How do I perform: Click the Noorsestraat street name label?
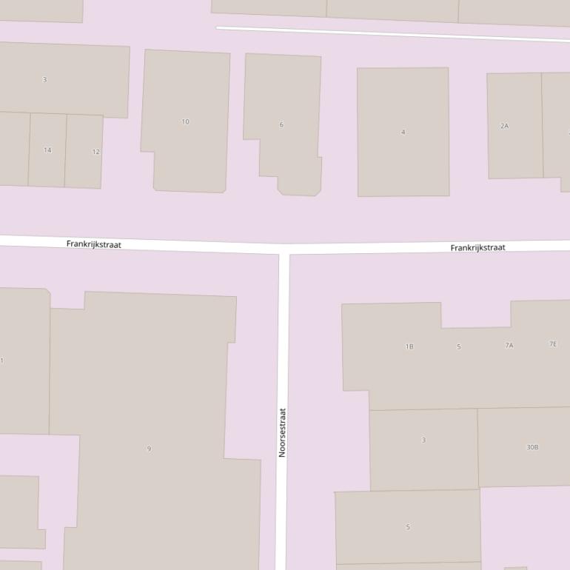[x=282, y=432]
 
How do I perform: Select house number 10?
[x=185, y=121]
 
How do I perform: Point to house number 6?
[x=281, y=124]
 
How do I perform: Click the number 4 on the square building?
[x=403, y=132]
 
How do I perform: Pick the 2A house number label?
[x=505, y=126]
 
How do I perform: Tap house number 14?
[x=47, y=150]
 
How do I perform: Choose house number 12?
[x=95, y=152]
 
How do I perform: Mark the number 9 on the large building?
[x=149, y=449]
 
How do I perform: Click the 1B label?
[x=409, y=346]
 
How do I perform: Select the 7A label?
[x=509, y=346]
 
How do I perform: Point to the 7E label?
[x=553, y=344]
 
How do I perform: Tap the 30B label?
[x=532, y=447]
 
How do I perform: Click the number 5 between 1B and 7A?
[x=459, y=346]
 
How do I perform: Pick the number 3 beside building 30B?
[x=423, y=440]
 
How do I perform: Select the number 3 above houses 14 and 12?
[x=44, y=79]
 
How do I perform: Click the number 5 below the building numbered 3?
[x=408, y=527]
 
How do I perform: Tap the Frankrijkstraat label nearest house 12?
[x=94, y=244]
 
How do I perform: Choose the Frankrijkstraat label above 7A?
[x=477, y=247]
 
